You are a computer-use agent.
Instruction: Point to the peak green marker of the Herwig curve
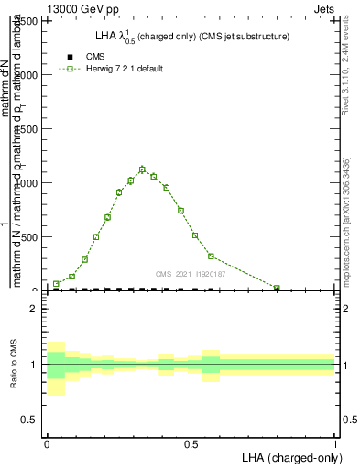coord(142,169)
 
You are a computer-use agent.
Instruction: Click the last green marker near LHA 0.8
coord(277,288)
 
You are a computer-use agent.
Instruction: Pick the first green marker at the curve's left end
coord(56,284)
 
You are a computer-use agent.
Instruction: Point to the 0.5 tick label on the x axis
coord(191,442)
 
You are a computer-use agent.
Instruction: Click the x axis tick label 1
coord(335,442)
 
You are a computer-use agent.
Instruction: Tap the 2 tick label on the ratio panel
coord(34,309)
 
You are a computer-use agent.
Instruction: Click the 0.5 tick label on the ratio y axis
coord(29,420)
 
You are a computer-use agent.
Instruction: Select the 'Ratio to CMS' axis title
coord(13,364)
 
